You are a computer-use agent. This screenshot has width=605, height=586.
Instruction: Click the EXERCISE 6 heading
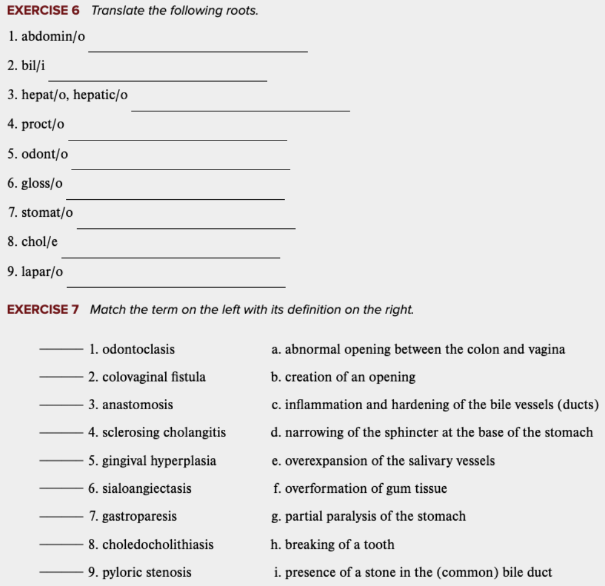pyautogui.click(x=44, y=10)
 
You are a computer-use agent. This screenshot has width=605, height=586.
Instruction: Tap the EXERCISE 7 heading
pyautogui.click(x=44, y=309)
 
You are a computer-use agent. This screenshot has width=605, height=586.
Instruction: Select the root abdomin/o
pyautogui.click(x=53, y=36)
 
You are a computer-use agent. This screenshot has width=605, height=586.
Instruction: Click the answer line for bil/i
pyautogui.click(x=157, y=79)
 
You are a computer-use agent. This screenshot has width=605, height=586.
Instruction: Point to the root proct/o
pyautogui.click(x=42, y=124)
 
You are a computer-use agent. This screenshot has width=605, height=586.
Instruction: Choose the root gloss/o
pyautogui.click(x=42, y=183)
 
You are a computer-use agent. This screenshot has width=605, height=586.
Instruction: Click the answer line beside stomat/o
pyautogui.click(x=186, y=228)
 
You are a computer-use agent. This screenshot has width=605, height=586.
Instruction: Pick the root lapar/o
pyautogui.click(x=42, y=272)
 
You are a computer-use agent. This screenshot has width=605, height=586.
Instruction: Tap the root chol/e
pyautogui.click(x=39, y=242)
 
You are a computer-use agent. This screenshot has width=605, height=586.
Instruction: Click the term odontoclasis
pyautogui.click(x=138, y=349)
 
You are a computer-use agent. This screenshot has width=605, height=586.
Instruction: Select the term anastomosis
pyautogui.click(x=137, y=405)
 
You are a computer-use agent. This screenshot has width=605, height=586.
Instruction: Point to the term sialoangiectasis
pyautogui.click(x=146, y=489)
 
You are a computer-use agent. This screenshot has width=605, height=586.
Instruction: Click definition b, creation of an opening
pyautogui.click(x=343, y=377)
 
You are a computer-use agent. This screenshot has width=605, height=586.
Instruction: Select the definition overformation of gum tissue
pyautogui.click(x=359, y=489)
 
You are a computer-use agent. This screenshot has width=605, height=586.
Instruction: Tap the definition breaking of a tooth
pyautogui.click(x=332, y=544)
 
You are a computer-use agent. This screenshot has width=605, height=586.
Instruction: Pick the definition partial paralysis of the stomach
pyautogui.click(x=368, y=516)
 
